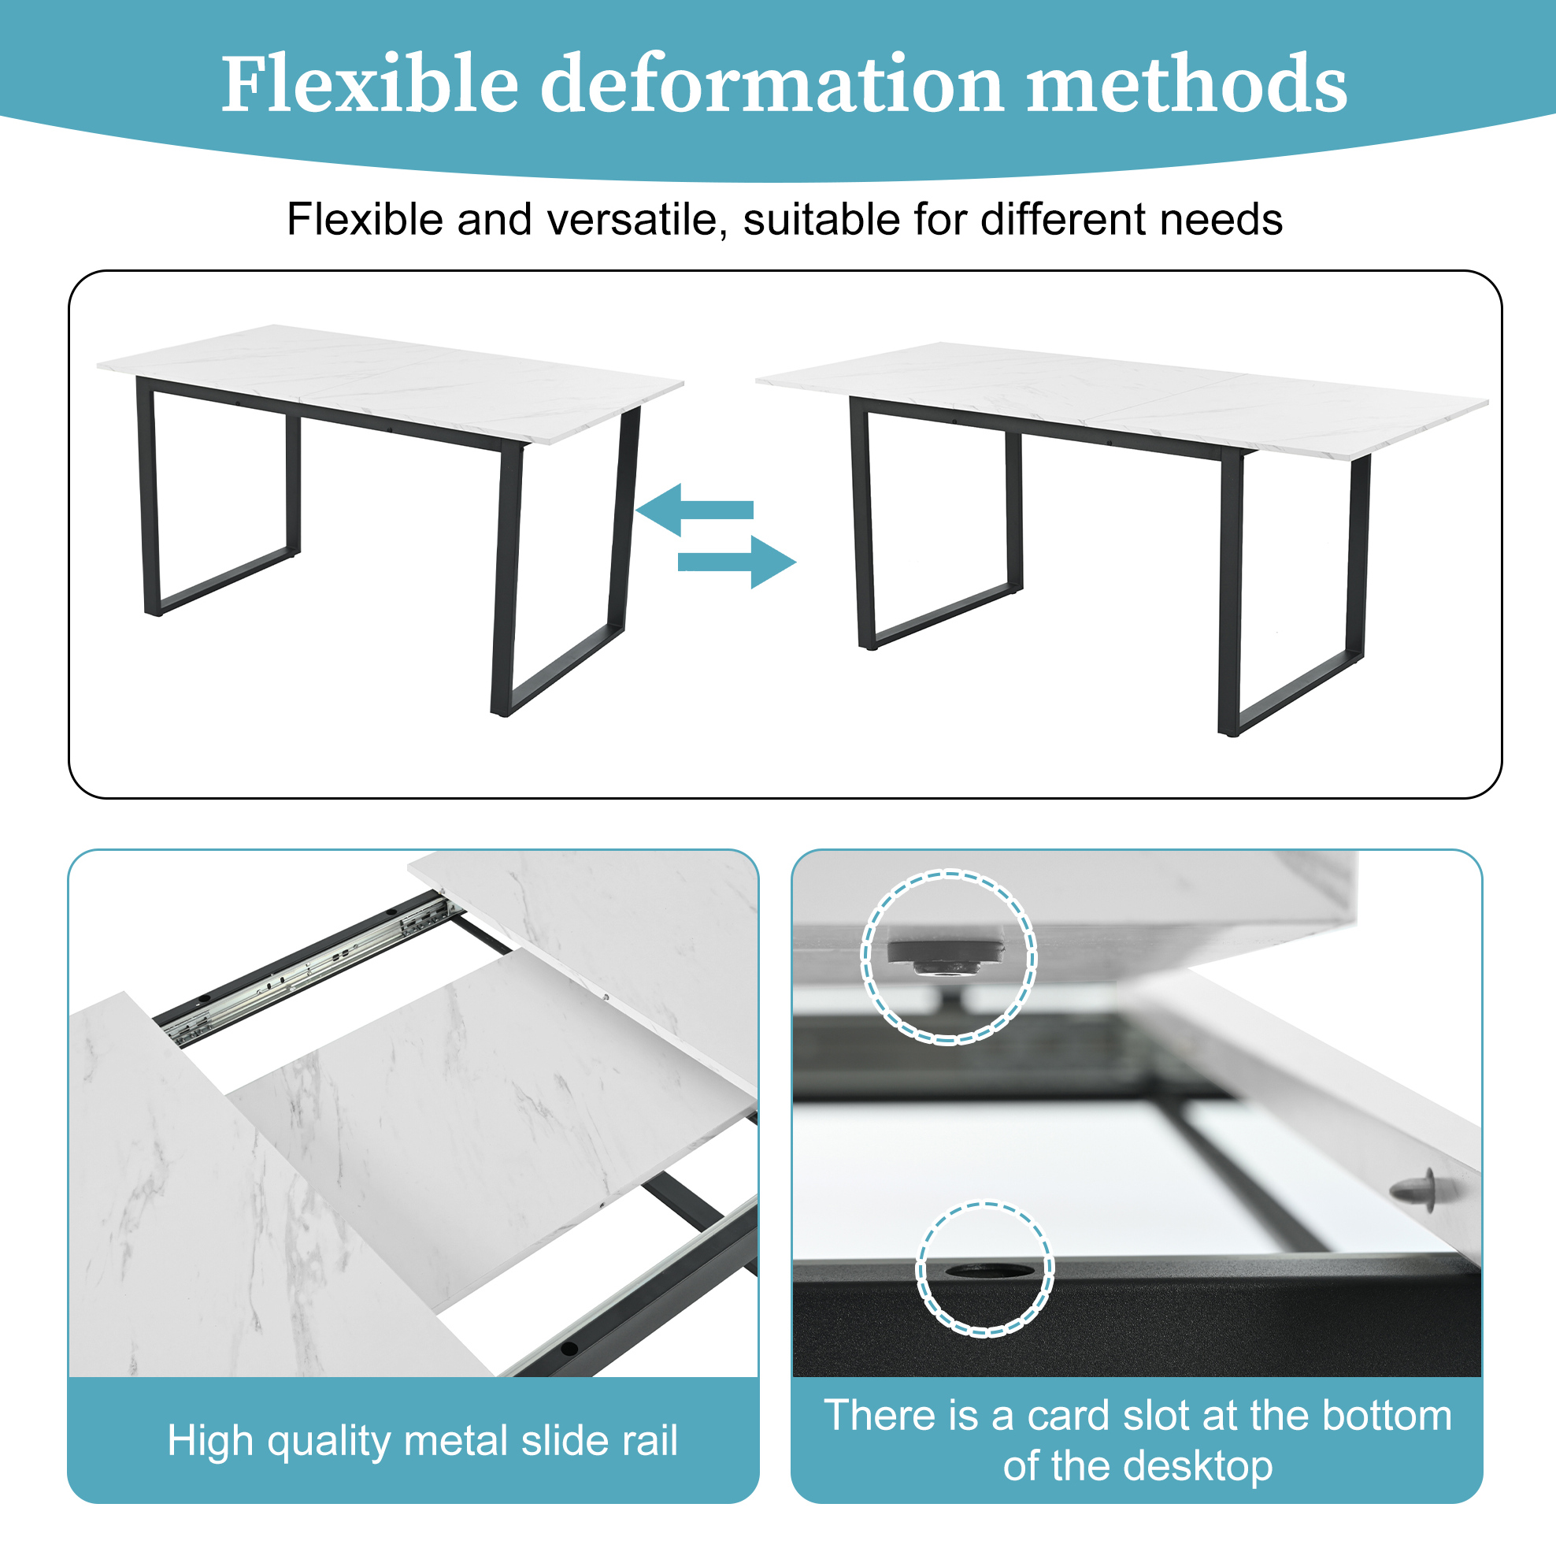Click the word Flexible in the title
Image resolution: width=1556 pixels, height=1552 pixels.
pos(369,84)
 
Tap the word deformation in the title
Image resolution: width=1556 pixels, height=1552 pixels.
pos(772,84)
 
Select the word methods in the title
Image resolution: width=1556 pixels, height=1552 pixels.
pos(1187,84)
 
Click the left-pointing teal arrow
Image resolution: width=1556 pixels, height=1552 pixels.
pos(695,509)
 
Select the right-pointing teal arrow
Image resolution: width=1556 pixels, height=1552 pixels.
pos(737,562)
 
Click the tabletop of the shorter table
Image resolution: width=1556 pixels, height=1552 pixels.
pos(391,384)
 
